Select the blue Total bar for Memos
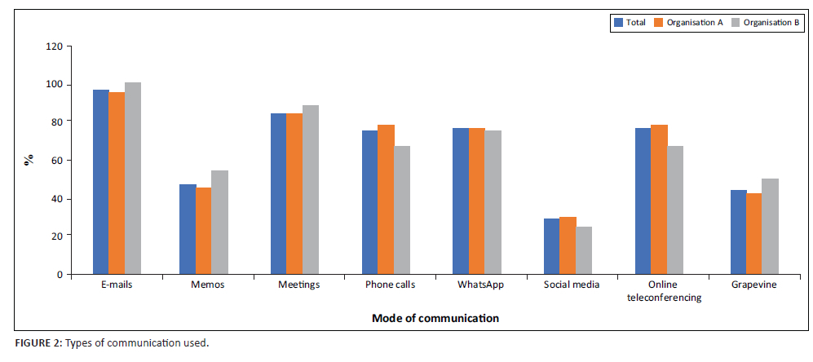point(188,229)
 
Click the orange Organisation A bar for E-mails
point(117,183)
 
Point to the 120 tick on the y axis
point(54,46)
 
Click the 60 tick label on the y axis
point(56,160)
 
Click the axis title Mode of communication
point(435,318)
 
